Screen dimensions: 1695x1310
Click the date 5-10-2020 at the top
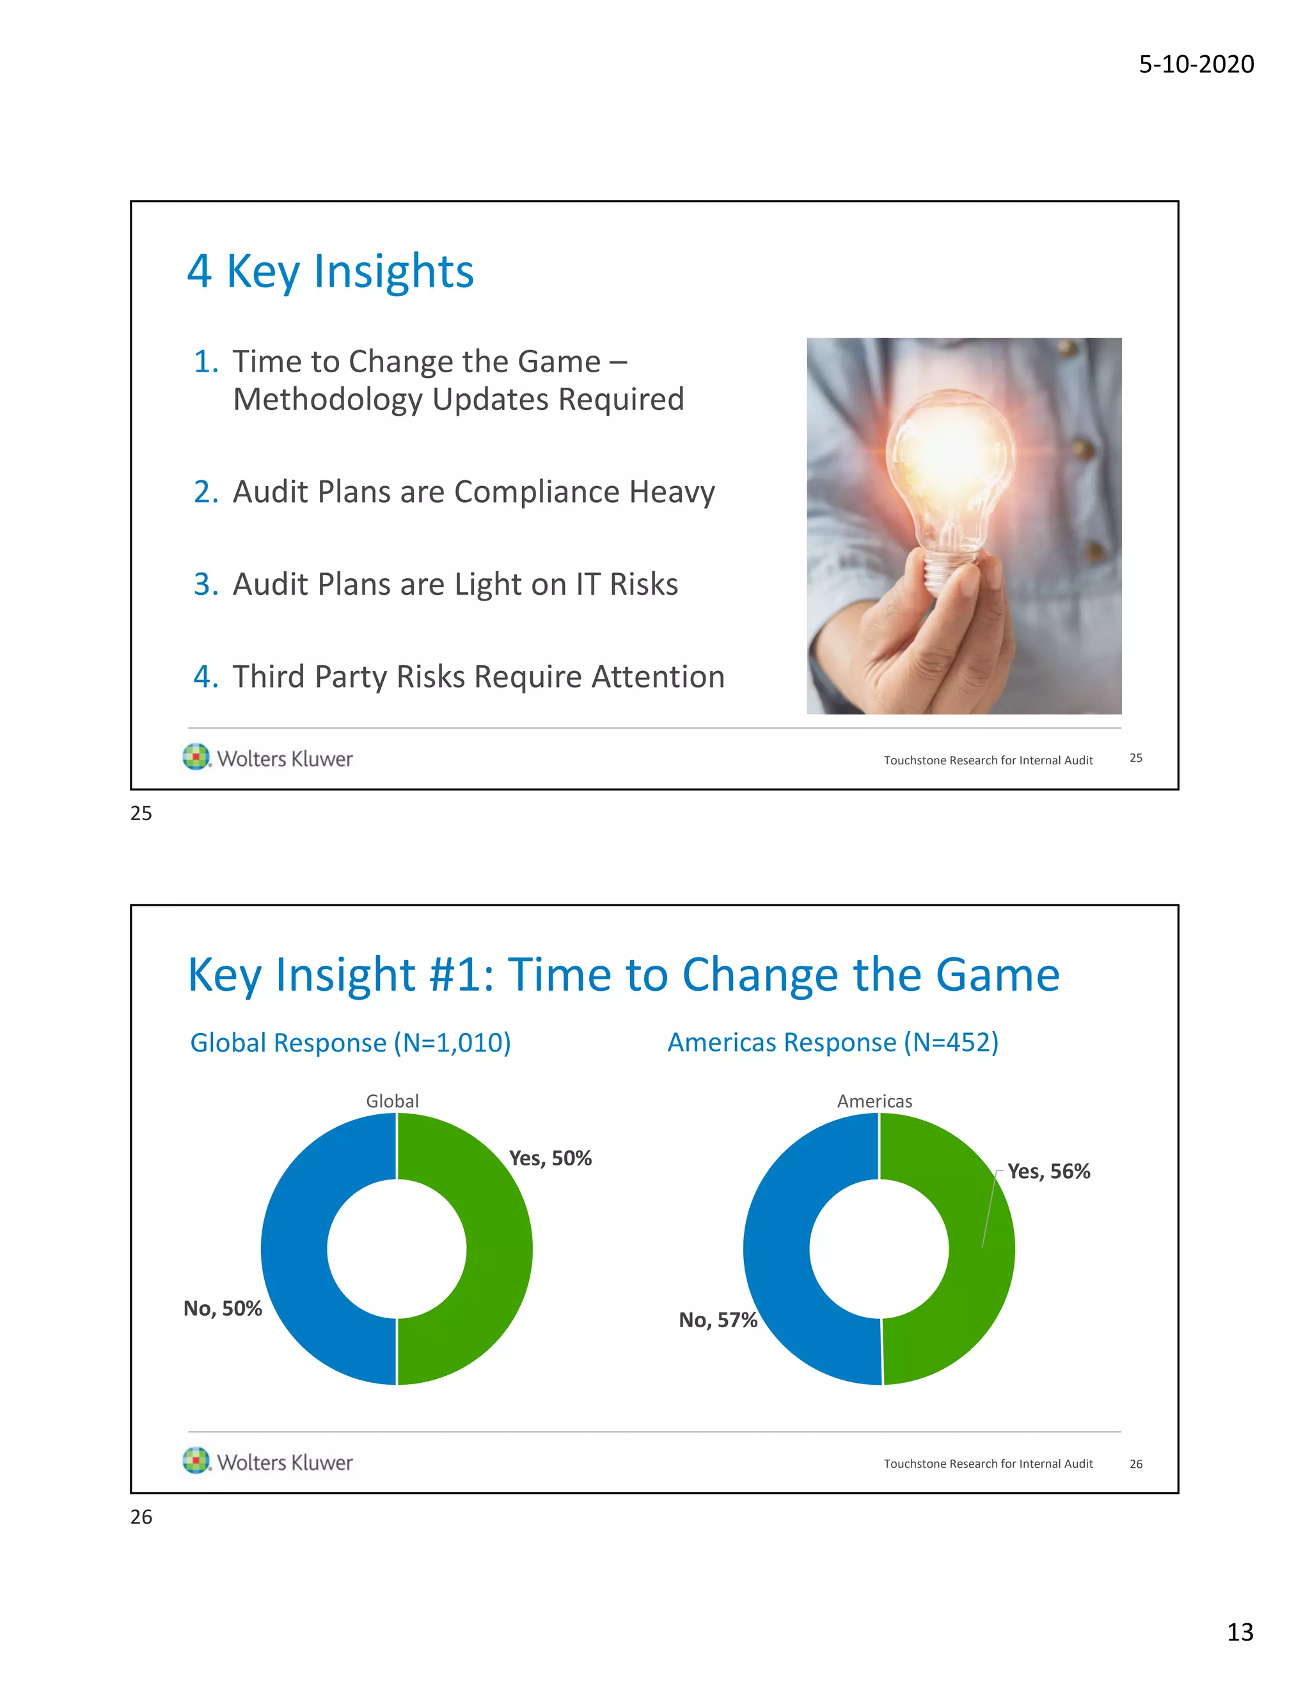click(x=1196, y=63)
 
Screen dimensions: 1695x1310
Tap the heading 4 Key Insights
click(x=330, y=272)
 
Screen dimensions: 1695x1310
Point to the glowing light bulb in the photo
click(x=951, y=473)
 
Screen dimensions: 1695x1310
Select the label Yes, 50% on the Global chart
click(x=550, y=1159)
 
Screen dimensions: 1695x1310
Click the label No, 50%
click(x=223, y=1309)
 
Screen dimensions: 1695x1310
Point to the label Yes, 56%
click(x=1048, y=1172)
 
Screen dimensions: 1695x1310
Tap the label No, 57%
click(x=718, y=1320)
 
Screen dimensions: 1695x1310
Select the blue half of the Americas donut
click(x=776, y=1250)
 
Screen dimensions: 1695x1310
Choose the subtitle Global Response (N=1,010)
click(x=351, y=1043)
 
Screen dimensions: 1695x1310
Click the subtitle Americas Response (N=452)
click(x=833, y=1043)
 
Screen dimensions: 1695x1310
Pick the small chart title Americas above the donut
click(x=874, y=1101)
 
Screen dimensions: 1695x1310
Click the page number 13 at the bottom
click(x=1240, y=1632)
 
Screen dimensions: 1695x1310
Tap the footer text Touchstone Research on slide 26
click(x=988, y=1463)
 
